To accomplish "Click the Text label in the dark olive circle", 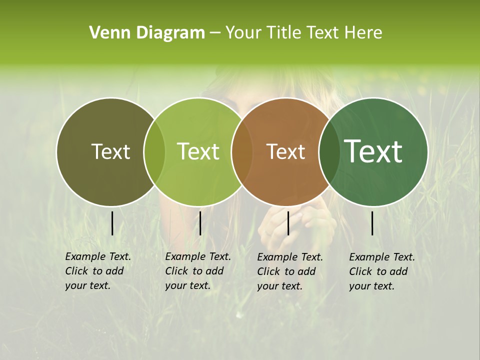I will (x=110, y=152).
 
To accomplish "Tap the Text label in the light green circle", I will (x=198, y=152).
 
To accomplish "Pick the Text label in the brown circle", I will (x=285, y=152).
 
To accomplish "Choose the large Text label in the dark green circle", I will (x=373, y=151).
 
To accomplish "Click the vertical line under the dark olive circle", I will (x=112, y=223).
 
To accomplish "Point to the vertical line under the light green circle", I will (x=200, y=223).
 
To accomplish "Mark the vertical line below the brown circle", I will (x=288, y=223).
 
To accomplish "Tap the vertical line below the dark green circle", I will (x=372, y=223).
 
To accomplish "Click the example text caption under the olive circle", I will (x=98, y=271).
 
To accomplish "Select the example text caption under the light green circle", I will (x=198, y=271).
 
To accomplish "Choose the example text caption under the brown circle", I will (x=290, y=271).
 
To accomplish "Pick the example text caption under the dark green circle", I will (x=382, y=271).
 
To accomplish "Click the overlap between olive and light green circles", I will (x=154, y=152).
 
